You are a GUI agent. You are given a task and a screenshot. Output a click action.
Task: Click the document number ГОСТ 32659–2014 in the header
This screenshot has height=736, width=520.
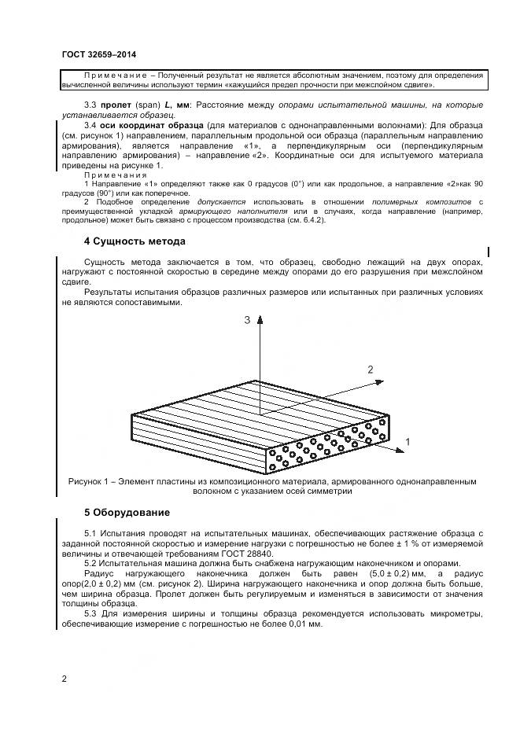[98, 54]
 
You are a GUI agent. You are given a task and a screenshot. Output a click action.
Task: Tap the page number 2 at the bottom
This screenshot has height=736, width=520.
[64, 678]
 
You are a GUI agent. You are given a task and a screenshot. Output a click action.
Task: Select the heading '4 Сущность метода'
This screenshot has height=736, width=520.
[135, 241]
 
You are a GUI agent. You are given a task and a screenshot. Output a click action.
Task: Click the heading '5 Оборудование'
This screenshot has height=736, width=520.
[127, 513]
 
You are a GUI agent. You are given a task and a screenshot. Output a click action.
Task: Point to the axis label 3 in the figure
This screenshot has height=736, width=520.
[246, 320]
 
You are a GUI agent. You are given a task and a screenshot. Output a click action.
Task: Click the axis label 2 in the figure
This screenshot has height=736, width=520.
[370, 369]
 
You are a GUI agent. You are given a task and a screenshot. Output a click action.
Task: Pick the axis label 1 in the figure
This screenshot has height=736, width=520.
[408, 443]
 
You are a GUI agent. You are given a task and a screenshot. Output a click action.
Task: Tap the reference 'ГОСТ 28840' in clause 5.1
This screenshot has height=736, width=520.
[281, 554]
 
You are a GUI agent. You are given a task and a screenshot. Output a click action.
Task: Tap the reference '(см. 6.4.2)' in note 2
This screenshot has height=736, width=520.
[303, 220]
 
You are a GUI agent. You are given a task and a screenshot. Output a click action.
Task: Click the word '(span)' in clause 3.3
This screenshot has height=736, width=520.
[148, 105]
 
